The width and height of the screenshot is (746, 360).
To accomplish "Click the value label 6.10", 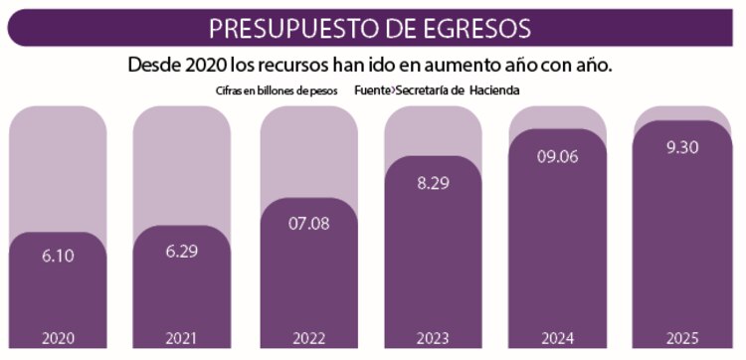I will (58, 256).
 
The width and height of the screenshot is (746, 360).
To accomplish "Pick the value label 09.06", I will (558, 155).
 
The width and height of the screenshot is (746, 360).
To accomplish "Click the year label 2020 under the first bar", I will (58, 338).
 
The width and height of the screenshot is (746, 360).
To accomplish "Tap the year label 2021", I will (182, 338).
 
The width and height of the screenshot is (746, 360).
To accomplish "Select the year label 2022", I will (307, 338).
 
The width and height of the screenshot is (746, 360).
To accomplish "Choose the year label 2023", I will (433, 338).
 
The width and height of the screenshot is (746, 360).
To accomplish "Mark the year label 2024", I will (558, 338).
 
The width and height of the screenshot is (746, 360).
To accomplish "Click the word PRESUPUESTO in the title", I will (294, 26).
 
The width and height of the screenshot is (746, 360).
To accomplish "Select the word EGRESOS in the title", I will (473, 26).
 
